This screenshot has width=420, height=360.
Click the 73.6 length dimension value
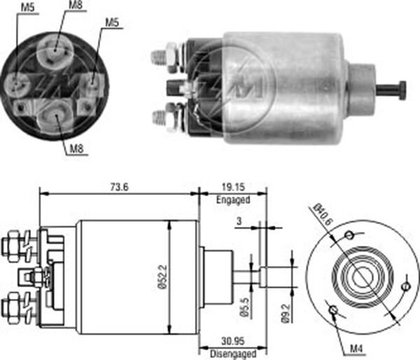coord(120,187)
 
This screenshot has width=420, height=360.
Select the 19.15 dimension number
coord(233,187)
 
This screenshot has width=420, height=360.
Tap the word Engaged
coord(233,200)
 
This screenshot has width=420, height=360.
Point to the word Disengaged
coord(233,354)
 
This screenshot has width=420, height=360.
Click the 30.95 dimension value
coord(233,341)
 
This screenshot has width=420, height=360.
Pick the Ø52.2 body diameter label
coord(162,277)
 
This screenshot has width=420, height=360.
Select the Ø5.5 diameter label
coord(245,307)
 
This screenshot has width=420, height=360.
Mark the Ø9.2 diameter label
coord(286,313)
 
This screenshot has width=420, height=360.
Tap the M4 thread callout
coord(356,349)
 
